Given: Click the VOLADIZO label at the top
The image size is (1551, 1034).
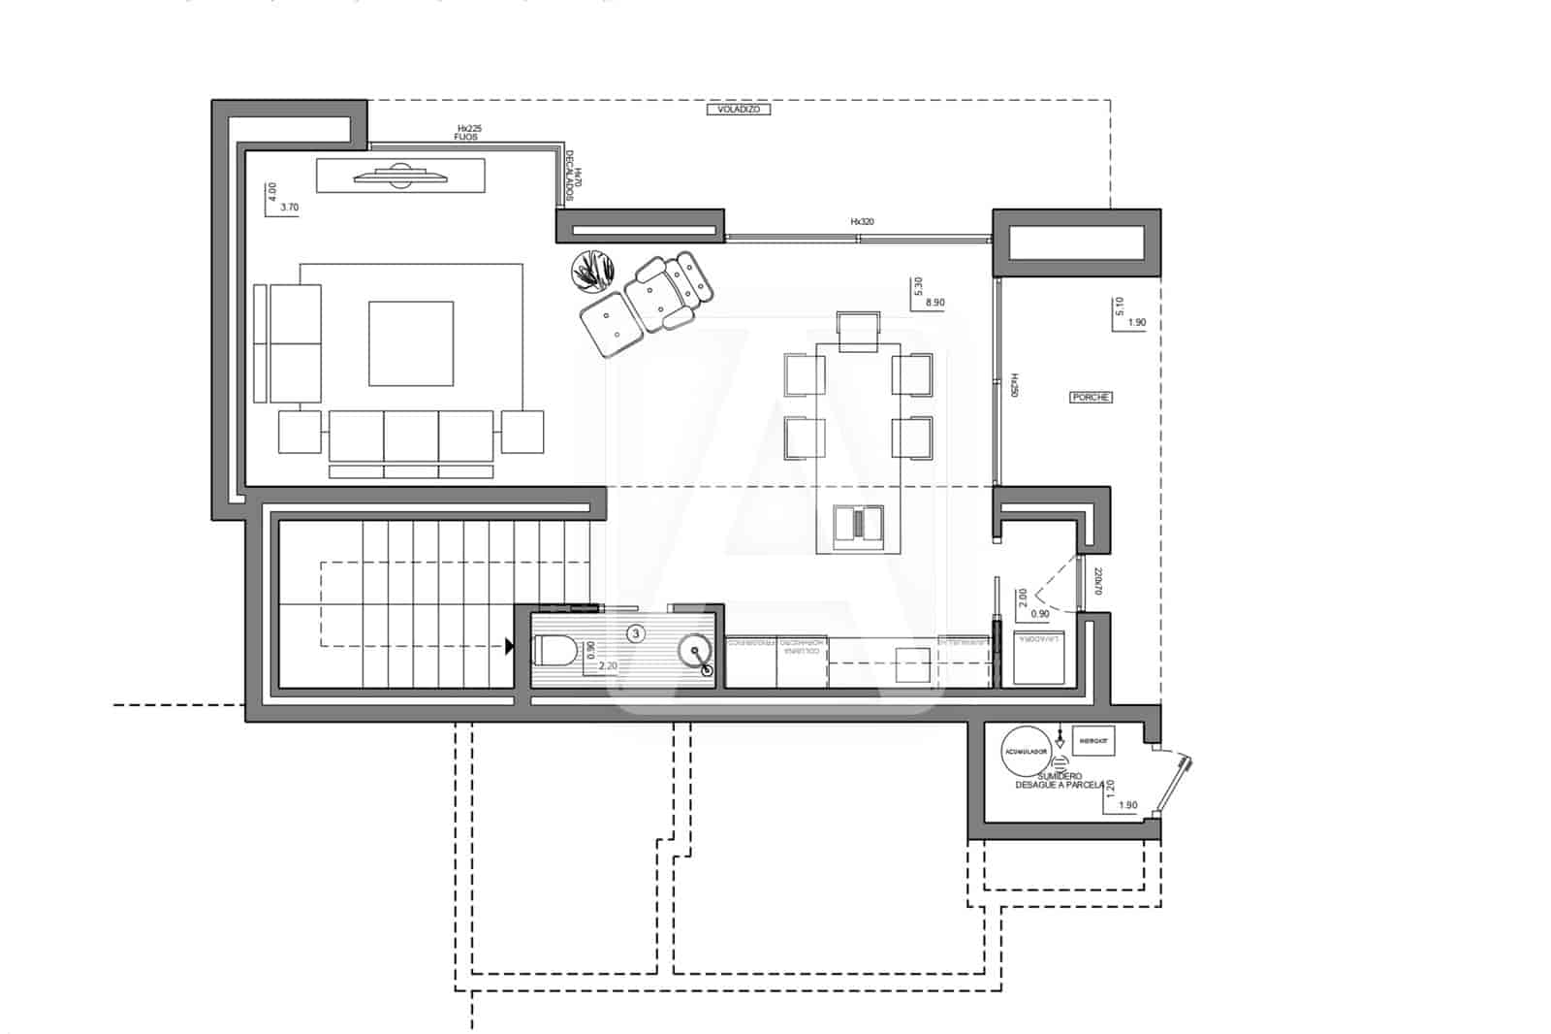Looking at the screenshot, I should (738, 110).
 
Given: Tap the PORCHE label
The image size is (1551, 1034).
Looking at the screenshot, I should (1091, 397).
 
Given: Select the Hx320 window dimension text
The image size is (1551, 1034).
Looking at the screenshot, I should (862, 222).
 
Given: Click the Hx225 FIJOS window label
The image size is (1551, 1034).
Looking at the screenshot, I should (468, 133).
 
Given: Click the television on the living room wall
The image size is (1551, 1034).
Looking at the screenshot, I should (399, 176).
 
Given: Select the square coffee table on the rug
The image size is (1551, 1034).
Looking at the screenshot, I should (411, 342).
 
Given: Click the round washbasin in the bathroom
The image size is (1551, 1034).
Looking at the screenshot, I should (694, 652).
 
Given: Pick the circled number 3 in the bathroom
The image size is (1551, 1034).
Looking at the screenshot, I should (635, 633).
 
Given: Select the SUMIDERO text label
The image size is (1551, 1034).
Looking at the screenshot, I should (1059, 776).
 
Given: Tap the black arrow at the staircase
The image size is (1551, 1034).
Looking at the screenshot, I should (509, 645).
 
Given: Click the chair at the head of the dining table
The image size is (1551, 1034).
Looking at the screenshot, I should (857, 330).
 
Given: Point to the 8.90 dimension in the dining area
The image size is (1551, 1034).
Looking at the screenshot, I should (934, 303).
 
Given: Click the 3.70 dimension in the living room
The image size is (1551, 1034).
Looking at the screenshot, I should (289, 207).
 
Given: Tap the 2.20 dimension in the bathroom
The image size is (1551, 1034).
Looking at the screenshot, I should (609, 666).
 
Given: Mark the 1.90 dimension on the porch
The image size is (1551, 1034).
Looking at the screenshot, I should (1137, 322).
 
